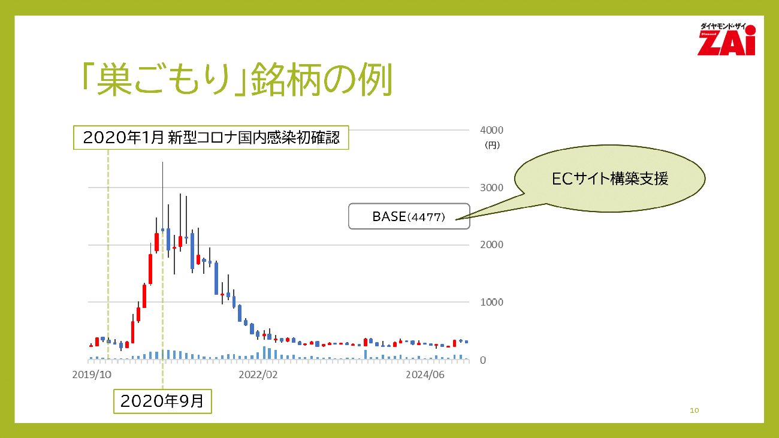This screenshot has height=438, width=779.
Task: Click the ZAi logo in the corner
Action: pyautogui.click(x=726, y=40)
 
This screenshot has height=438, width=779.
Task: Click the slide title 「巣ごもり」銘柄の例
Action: pyautogui.click(x=237, y=79)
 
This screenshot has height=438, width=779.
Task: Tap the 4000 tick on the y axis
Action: pyautogui.click(x=491, y=130)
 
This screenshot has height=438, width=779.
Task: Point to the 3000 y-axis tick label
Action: pyautogui.click(x=491, y=188)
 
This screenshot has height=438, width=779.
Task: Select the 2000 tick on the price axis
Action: pyautogui.click(x=491, y=244)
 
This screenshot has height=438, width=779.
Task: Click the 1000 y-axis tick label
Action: pyautogui.click(x=491, y=302)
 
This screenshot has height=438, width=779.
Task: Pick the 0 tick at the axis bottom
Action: pyautogui.click(x=483, y=360)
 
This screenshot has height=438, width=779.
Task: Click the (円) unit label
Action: pyautogui.click(x=492, y=146)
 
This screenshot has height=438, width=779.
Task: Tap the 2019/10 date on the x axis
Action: pyautogui.click(x=92, y=374)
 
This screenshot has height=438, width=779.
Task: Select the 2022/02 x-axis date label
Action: pyautogui.click(x=258, y=374)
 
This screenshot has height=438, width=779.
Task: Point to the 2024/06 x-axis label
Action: pyautogui.click(x=425, y=374)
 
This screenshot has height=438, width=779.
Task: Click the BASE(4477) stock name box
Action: pyautogui.click(x=409, y=216)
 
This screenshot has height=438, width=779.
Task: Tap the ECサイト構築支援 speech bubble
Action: pyautogui.click(x=609, y=179)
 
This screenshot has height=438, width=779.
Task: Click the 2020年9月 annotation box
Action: pyautogui.click(x=162, y=401)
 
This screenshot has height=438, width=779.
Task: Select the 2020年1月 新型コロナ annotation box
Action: pyautogui.click(x=211, y=137)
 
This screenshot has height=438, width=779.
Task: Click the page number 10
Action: pyautogui.click(x=695, y=410)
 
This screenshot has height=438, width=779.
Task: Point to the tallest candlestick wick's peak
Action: pyautogui.click(x=162, y=162)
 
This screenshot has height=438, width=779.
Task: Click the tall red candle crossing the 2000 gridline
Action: pyautogui.click(x=156, y=242)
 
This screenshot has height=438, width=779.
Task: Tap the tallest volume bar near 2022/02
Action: pyautogui.click(x=264, y=352)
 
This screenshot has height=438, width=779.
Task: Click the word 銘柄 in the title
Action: pyautogui.click(x=285, y=79)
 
